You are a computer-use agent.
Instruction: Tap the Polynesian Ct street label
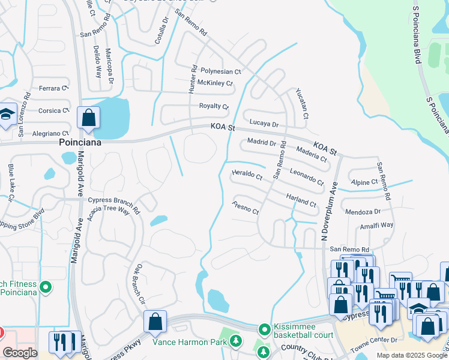click(x=220, y=71)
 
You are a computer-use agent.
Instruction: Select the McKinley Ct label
click(x=214, y=83)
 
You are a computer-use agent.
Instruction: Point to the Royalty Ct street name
click(x=214, y=107)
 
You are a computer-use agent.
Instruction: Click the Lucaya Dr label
click(x=264, y=124)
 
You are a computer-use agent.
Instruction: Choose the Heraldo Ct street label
click(x=247, y=176)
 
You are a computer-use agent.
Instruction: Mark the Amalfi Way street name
click(x=377, y=225)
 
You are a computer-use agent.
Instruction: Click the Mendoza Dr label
click(x=363, y=212)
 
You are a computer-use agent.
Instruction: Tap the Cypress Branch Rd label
click(x=113, y=200)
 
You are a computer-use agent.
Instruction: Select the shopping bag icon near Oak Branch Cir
click(x=155, y=322)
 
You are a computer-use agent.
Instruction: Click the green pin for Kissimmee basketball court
click(x=264, y=329)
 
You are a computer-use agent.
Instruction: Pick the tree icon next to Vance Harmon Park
click(x=237, y=342)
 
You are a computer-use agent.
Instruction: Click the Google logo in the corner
click(x=20, y=353)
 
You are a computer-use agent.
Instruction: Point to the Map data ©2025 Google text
click(x=412, y=355)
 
